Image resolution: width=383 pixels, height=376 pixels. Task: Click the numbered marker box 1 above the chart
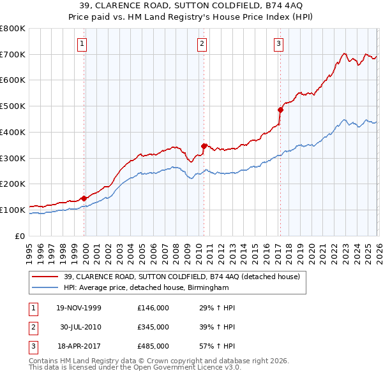[84, 44]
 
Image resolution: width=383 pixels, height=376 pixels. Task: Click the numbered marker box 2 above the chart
[202, 44]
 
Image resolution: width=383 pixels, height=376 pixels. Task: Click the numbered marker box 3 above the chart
[279, 44]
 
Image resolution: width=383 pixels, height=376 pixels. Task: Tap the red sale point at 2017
[280, 110]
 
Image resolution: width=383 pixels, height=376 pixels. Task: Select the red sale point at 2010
[204, 146]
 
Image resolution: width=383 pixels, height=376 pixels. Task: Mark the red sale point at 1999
[84, 198]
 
